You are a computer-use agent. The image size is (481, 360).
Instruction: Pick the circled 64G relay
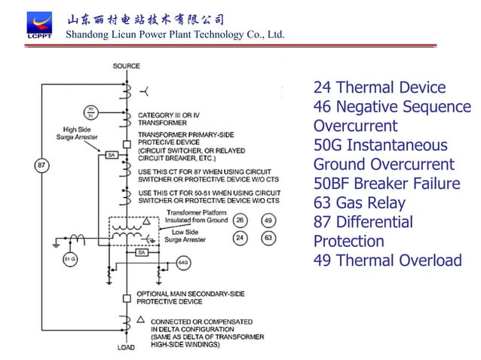click(x=183, y=262)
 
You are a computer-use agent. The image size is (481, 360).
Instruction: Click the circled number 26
click(x=239, y=221)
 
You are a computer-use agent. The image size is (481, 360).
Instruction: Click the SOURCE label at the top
click(x=126, y=66)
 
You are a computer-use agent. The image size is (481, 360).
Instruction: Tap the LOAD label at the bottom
click(x=125, y=348)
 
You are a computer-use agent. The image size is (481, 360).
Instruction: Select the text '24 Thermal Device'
click(x=379, y=87)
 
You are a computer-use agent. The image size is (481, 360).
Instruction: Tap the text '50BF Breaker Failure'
click(x=386, y=184)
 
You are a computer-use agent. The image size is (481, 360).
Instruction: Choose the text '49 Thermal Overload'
click(x=387, y=261)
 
